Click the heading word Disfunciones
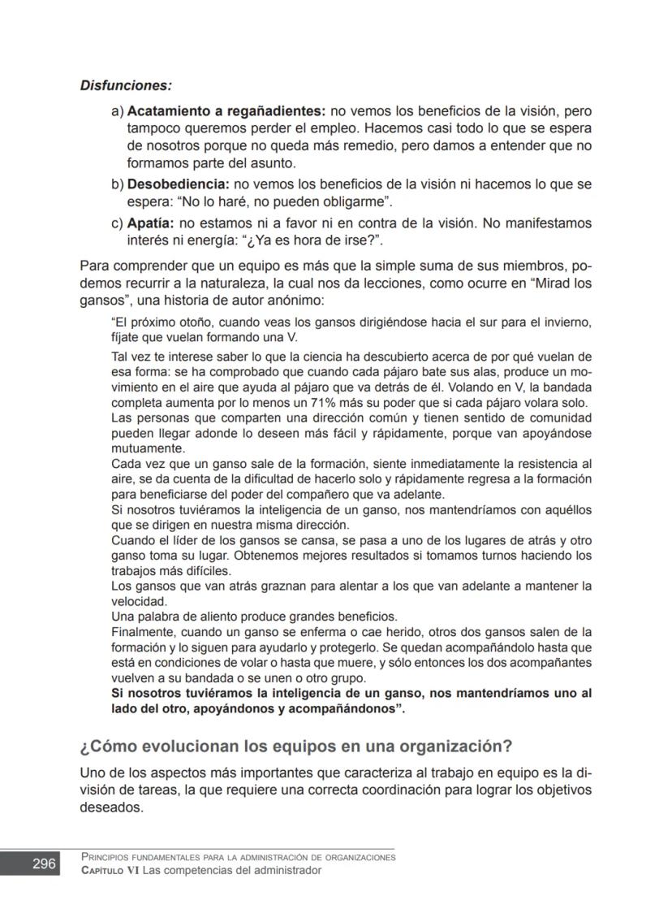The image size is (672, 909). coord(126,84)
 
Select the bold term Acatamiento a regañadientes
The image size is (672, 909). coord(226,110)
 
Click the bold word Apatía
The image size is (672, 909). coord(151,223)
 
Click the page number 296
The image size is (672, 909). coord(44,864)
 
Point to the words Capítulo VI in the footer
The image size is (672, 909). coord(110,870)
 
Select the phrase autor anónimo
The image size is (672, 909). coord(261,299)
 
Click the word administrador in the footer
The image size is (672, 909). coord(286,870)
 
